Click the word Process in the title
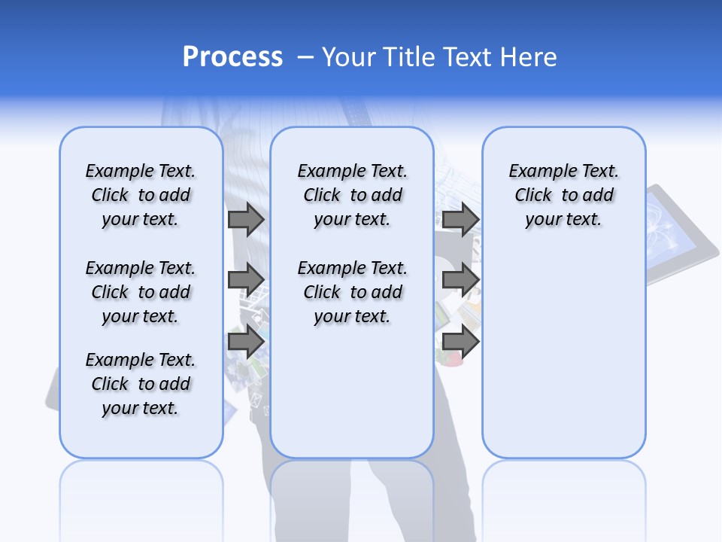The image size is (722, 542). click(232, 56)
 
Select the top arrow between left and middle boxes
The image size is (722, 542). click(246, 220)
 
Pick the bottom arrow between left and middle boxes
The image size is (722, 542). click(246, 342)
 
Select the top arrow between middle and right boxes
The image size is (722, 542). click(460, 220)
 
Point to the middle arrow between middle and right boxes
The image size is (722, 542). click(460, 280)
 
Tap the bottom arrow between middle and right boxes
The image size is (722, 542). click(460, 342)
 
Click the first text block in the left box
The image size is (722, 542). click(141, 195)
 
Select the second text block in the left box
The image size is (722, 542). click(141, 292)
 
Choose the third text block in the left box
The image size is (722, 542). click(141, 384)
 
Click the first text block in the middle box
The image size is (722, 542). click(352, 195)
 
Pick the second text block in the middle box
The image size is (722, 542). click(352, 292)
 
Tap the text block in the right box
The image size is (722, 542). click(563, 195)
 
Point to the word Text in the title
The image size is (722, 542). click(466, 56)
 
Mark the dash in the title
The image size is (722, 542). click(305, 57)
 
